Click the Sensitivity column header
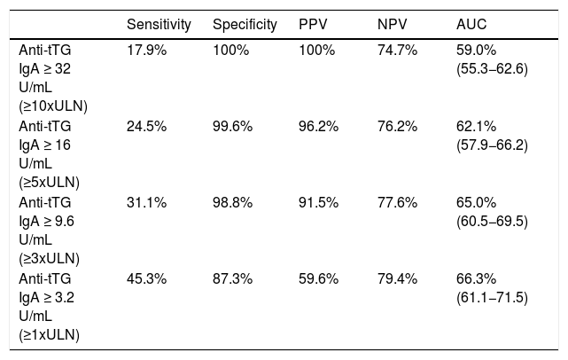pyautogui.click(x=159, y=25)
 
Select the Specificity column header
pyautogui.click(x=245, y=25)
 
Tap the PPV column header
pyautogui.click(x=313, y=24)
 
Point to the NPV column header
pyautogui.click(x=392, y=24)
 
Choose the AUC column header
pyautogui.click(x=471, y=24)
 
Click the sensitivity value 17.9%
pyautogui.click(x=147, y=50)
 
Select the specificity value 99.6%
pyautogui.click(x=232, y=126)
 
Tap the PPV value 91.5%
pyautogui.click(x=318, y=202)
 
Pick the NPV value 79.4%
pyautogui.click(x=397, y=278)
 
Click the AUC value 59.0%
pyautogui.click(x=476, y=50)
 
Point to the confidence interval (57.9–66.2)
pyautogui.click(x=492, y=145)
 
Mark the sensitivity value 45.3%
pyautogui.click(x=147, y=278)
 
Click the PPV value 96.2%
pyautogui.click(x=318, y=126)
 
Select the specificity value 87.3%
pyautogui.click(x=232, y=278)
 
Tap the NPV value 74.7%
pyautogui.click(x=397, y=50)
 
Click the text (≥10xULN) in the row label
pyautogui.click(x=53, y=106)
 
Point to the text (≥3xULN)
pyautogui.click(x=50, y=259)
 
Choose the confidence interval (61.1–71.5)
pyautogui.click(x=492, y=298)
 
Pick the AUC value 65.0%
pyautogui.click(x=476, y=202)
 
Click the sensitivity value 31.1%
pyautogui.click(x=147, y=202)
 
